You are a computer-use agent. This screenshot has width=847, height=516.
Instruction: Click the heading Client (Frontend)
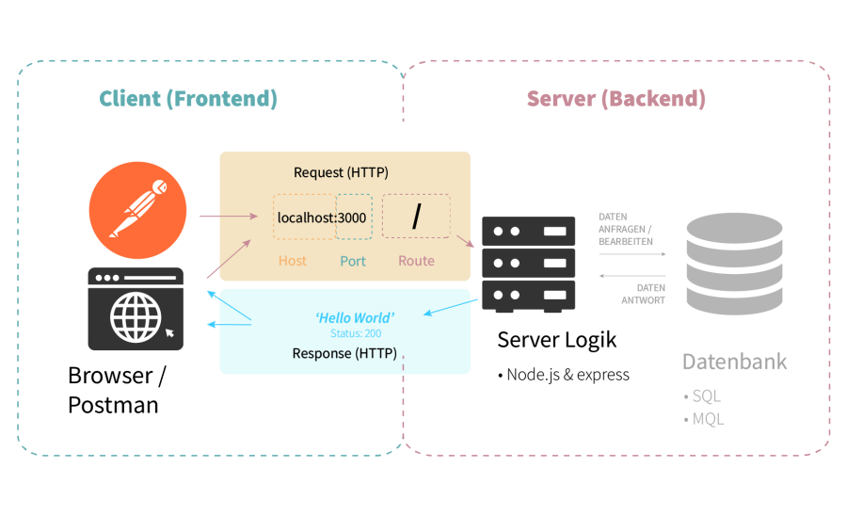pyautogui.click(x=188, y=99)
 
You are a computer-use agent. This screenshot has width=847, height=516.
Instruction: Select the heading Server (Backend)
pyautogui.click(x=615, y=99)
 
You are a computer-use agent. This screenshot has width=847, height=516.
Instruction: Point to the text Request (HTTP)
pyautogui.click(x=341, y=172)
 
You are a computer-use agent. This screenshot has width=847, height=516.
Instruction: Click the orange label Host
pyautogui.click(x=293, y=261)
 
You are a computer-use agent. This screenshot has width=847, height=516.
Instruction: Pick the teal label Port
pyautogui.click(x=353, y=261)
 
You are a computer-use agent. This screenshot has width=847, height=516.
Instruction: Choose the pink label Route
pyautogui.click(x=416, y=261)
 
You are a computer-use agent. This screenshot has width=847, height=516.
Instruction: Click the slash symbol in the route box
pyautogui.click(x=416, y=218)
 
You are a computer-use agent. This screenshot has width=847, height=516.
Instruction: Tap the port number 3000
pyautogui.click(x=354, y=218)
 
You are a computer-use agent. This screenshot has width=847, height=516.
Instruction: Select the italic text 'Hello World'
pyautogui.click(x=355, y=317)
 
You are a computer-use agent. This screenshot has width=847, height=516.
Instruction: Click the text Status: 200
pyautogui.click(x=356, y=333)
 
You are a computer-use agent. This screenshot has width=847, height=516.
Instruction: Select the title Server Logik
pyautogui.click(x=557, y=340)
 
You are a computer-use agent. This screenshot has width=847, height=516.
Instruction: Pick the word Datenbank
pyautogui.click(x=734, y=362)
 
